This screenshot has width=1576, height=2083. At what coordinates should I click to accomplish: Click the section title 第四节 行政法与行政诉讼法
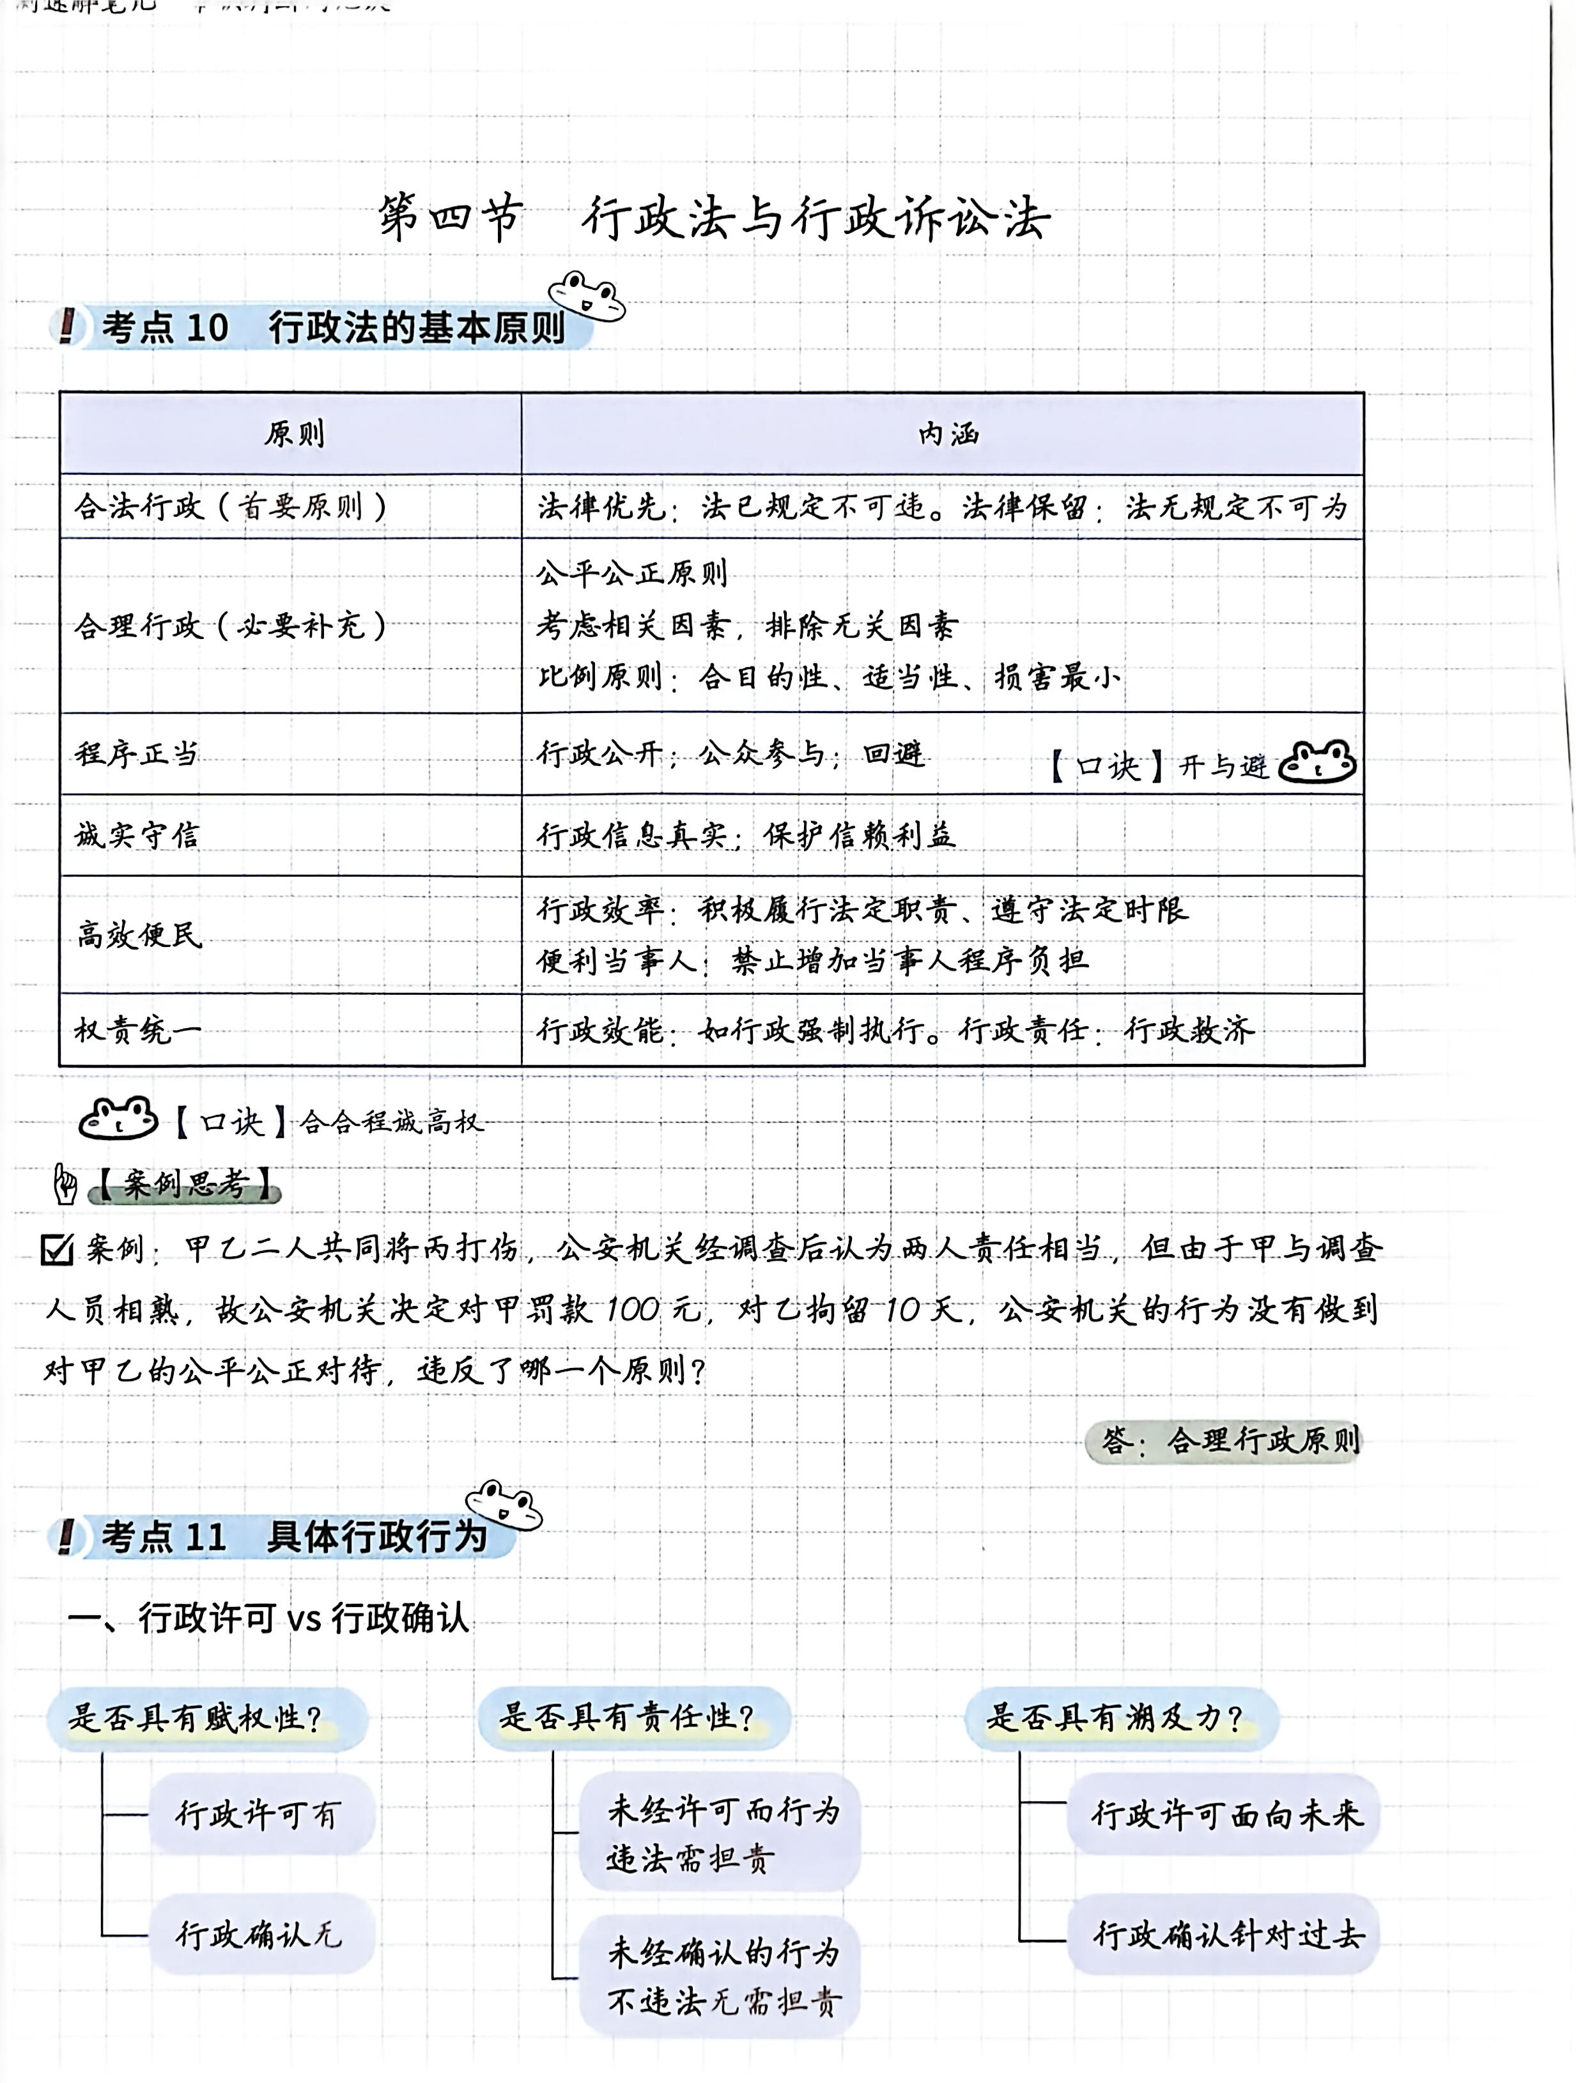[714, 219]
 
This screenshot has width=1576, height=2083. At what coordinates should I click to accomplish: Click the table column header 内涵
[948, 434]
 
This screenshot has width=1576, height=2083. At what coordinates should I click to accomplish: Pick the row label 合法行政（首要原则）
[231, 507]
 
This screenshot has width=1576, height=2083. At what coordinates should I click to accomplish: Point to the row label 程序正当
[137, 753]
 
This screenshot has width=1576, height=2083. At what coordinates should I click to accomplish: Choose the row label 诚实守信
[137, 835]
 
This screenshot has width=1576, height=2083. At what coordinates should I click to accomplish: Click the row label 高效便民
[139, 934]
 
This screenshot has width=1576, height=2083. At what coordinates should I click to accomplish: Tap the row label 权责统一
[137, 1030]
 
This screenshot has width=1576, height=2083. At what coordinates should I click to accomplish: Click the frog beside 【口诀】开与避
[1317, 763]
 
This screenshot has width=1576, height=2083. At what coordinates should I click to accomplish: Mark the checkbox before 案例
[58, 1250]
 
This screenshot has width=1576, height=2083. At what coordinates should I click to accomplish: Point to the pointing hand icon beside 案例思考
[65, 1184]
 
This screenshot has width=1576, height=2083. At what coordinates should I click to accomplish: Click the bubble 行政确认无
[260, 1934]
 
